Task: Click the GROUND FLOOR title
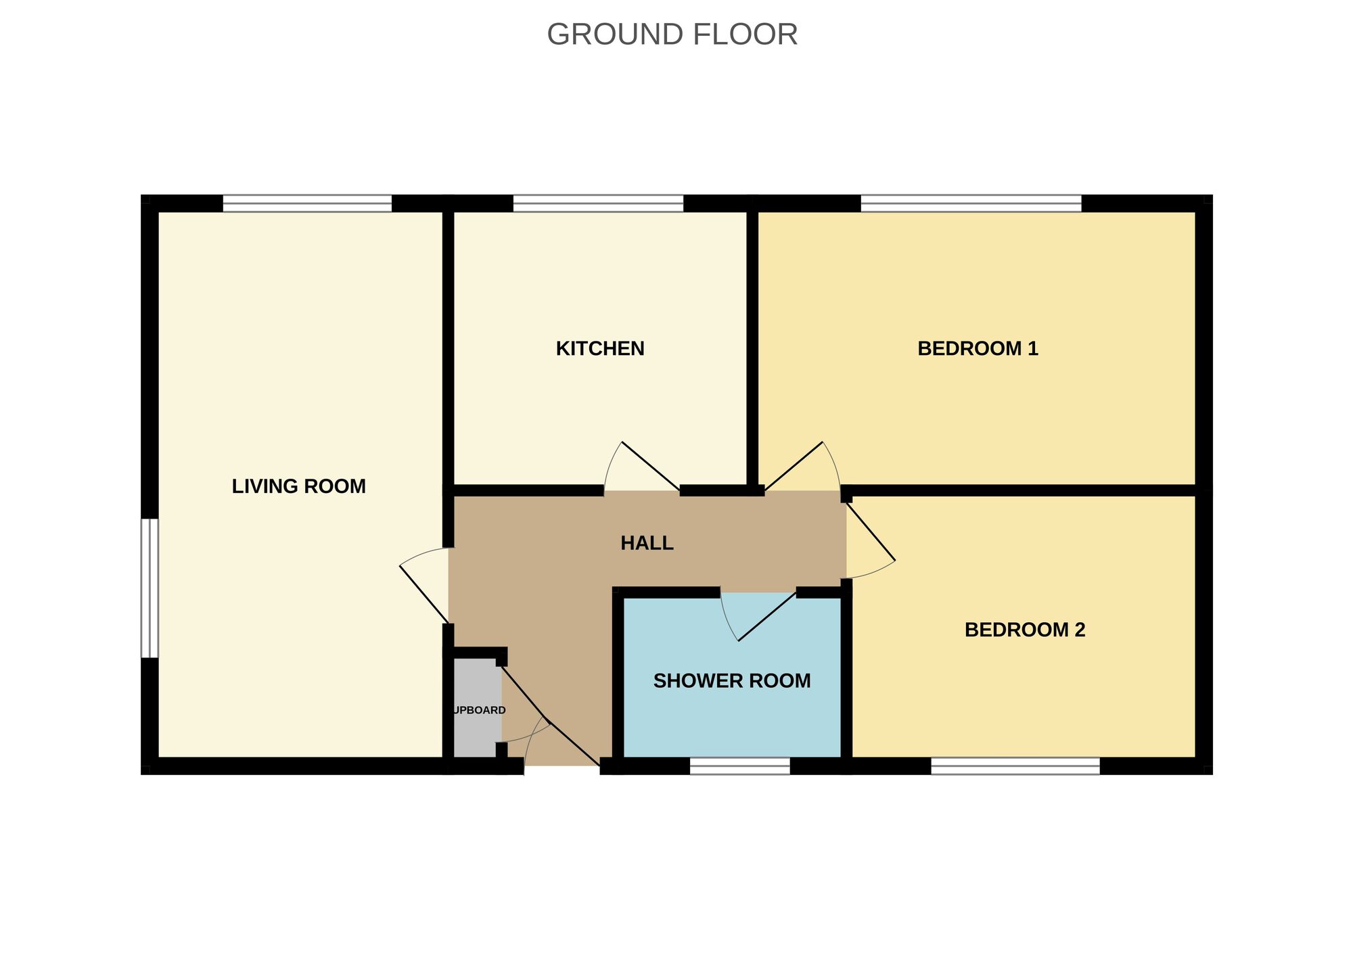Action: pyautogui.click(x=672, y=34)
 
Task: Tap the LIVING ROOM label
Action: pyautogui.click(x=298, y=486)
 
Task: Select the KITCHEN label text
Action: pyautogui.click(x=599, y=348)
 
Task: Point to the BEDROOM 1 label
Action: pyautogui.click(x=977, y=348)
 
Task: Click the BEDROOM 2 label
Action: pyautogui.click(x=1024, y=630)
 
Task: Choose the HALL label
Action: pyautogui.click(x=647, y=543)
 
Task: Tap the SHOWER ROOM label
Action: pyautogui.click(x=731, y=680)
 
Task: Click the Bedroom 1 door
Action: pyautogui.click(x=802, y=470)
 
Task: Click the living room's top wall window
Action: pyautogui.click(x=307, y=203)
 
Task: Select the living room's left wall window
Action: pyautogui.click(x=150, y=588)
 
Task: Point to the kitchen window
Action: pyautogui.click(x=598, y=203)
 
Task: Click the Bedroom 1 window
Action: pyautogui.click(x=970, y=203)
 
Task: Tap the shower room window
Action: pyautogui.click(x=739, y=766)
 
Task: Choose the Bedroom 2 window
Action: pyautogui.click(x=1015, y=766)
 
